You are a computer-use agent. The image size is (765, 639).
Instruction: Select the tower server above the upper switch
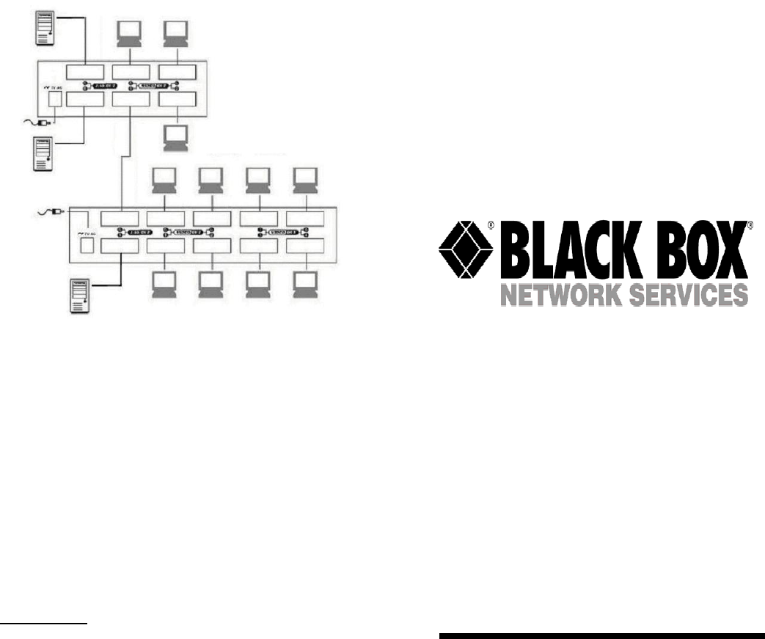(45, 29)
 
